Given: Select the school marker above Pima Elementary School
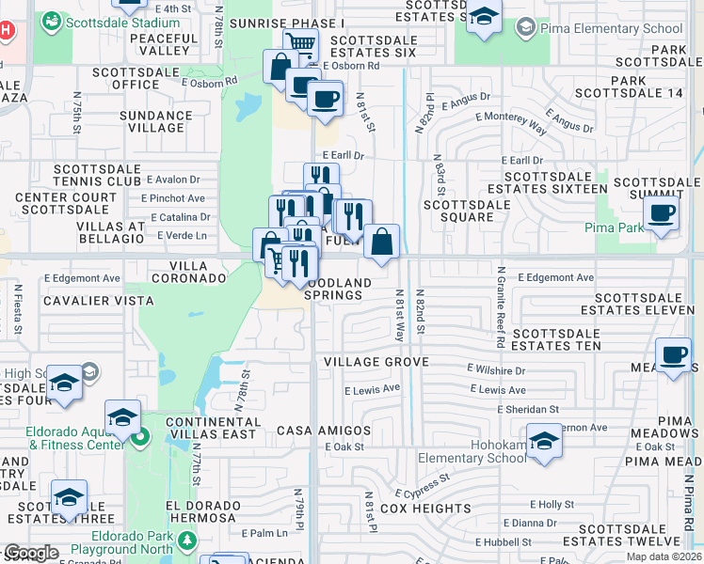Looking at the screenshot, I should tap(484, 18).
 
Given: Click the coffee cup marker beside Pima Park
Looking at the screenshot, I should tap(662, 215).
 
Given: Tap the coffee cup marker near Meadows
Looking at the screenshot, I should tap(674, 356).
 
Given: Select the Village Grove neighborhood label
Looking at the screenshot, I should tap(376, 362).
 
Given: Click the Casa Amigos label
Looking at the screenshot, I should tap(324, 431).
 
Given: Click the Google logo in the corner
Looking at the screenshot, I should tap(31, 553).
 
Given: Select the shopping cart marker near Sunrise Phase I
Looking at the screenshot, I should tap(300, 43).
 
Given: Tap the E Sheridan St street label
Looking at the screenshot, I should tap(528, 409).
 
